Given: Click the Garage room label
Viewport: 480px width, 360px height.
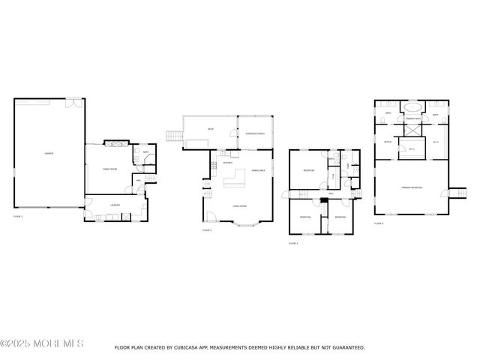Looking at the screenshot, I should click(x=49, y=153).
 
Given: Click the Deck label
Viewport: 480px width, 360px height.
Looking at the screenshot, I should click(x=211, y=130).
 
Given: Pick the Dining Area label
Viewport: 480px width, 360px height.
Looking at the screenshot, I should click(x=256, y=171).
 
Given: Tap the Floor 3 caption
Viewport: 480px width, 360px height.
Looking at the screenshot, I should click(x=292, y=243).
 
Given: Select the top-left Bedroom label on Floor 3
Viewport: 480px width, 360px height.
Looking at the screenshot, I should click(x=308, y=171).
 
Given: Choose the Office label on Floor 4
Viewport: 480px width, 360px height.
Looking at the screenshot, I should click(x=388, y=141).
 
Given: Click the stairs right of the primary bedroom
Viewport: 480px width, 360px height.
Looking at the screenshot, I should click(x=452, y=192).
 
